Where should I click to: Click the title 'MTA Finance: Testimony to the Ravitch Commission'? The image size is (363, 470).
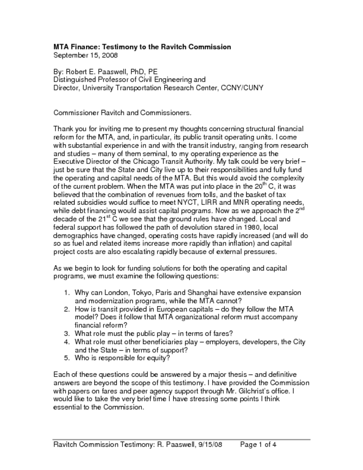click(x=142, y=47)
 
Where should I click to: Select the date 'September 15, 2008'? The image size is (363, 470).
click(x=86, y=56)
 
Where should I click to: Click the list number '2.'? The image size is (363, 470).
click(x=67, y=309)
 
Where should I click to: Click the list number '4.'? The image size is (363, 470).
click(x=67, y=342)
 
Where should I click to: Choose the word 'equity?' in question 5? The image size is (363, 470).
click(x=158, y=358)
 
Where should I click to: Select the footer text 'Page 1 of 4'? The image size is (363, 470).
click(x=257, y=444)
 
